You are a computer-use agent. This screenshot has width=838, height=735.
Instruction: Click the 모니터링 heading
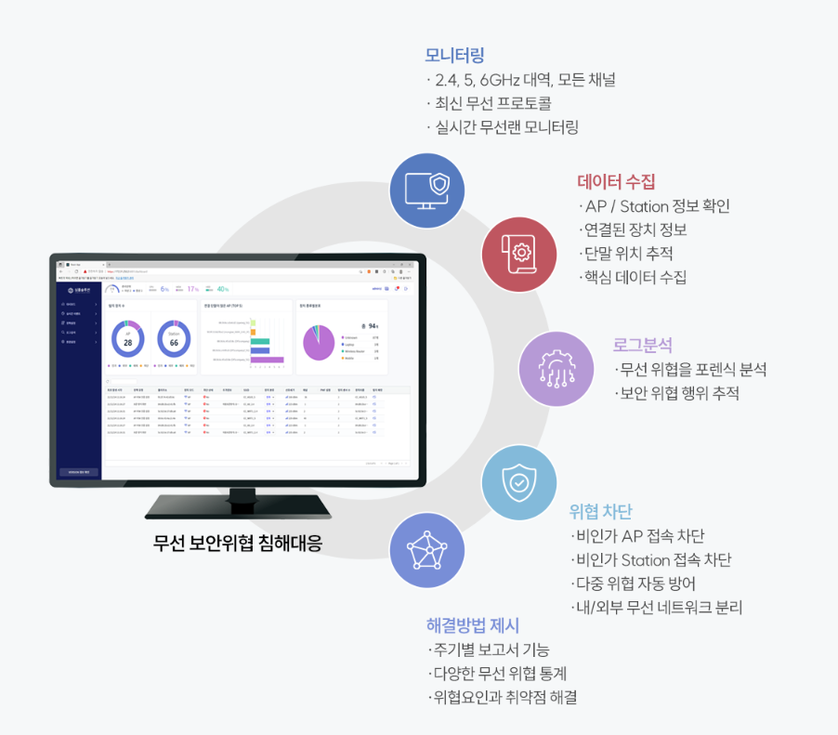click(454, 55)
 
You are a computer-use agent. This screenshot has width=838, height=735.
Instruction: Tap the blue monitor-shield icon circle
click(427, 190)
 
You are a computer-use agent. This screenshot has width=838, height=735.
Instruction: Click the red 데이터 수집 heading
click(616, 181)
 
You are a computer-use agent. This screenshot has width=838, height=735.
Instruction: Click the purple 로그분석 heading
click(642, 345)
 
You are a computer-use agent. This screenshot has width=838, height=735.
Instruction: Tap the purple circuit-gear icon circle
click(555, 368)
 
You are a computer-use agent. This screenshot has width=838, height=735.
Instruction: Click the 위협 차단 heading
click(600, 511)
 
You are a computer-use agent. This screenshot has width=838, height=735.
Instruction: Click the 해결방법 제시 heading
click(473, 624)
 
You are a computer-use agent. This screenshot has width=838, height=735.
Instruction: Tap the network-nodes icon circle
click(426, 551)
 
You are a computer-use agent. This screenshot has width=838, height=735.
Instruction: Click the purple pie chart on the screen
click(318, 341)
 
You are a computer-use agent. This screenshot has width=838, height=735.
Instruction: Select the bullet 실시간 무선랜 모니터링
click(506, 127)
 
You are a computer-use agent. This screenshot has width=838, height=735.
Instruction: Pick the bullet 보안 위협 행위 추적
click(680, 393)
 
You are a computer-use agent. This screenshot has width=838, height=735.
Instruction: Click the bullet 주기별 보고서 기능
click(491, 649)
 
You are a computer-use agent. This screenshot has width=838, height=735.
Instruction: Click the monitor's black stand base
click(238, 507)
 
